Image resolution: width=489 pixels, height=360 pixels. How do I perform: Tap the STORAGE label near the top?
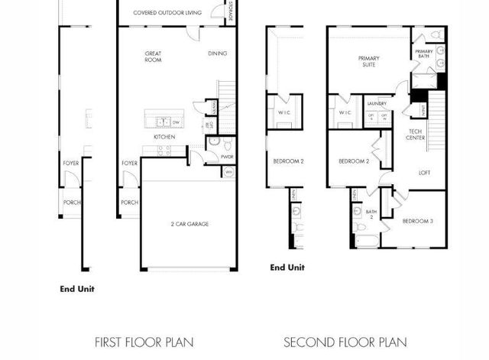(x=230, y=12)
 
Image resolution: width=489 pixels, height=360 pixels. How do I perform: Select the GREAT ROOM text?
(x=153, y=56)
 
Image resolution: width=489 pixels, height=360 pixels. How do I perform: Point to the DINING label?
(x=217, y=54)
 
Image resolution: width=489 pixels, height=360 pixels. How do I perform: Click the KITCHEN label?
(x=164, y=137)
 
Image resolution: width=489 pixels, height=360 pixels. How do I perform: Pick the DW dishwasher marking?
(x=176, y=122)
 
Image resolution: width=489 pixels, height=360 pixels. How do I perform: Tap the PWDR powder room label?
(x=227, y=157)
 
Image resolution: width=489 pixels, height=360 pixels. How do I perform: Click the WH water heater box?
(x=228, y=173)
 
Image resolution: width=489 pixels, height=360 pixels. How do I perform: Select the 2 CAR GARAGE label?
(x=189, y=224)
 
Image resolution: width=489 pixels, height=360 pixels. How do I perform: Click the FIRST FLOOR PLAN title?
(x=144, y=342)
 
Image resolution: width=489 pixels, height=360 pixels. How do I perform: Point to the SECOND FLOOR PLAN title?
(x=345, y=342)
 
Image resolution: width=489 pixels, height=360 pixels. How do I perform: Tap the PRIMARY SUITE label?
(x=370, y=61)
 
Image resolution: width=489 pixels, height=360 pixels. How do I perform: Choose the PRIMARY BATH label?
(x=424, y=54)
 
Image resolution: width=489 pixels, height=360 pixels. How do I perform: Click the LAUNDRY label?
(x=376, y=103)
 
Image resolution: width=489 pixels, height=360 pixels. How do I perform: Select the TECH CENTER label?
(x=415, y=135)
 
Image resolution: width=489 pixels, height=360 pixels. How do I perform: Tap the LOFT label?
(x=424, y=173)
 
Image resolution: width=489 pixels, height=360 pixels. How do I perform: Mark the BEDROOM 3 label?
(x=417, y=221)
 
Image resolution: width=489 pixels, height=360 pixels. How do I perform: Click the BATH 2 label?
(x=371, y=214)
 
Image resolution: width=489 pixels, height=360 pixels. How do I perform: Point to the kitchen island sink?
(x=162, y=121)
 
